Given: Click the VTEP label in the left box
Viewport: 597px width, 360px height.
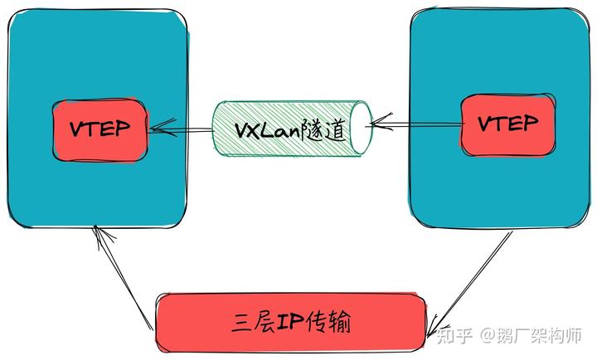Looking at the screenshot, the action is (x=99, y=129).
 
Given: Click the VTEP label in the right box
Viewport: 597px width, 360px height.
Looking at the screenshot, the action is (x=508, y=123).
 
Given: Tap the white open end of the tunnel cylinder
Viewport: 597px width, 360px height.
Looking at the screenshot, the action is (x=361, y=128).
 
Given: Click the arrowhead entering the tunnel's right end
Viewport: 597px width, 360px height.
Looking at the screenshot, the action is (x=381, y=122).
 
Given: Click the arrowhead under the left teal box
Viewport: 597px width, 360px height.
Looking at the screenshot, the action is (x=102, y=237).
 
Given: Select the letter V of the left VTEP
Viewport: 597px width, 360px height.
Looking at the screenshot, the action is (x=77, y=129).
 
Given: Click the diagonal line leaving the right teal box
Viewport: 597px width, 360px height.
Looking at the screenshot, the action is (x=470, y=284).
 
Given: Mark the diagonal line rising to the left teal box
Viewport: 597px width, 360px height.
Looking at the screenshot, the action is (x=124, y=278).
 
